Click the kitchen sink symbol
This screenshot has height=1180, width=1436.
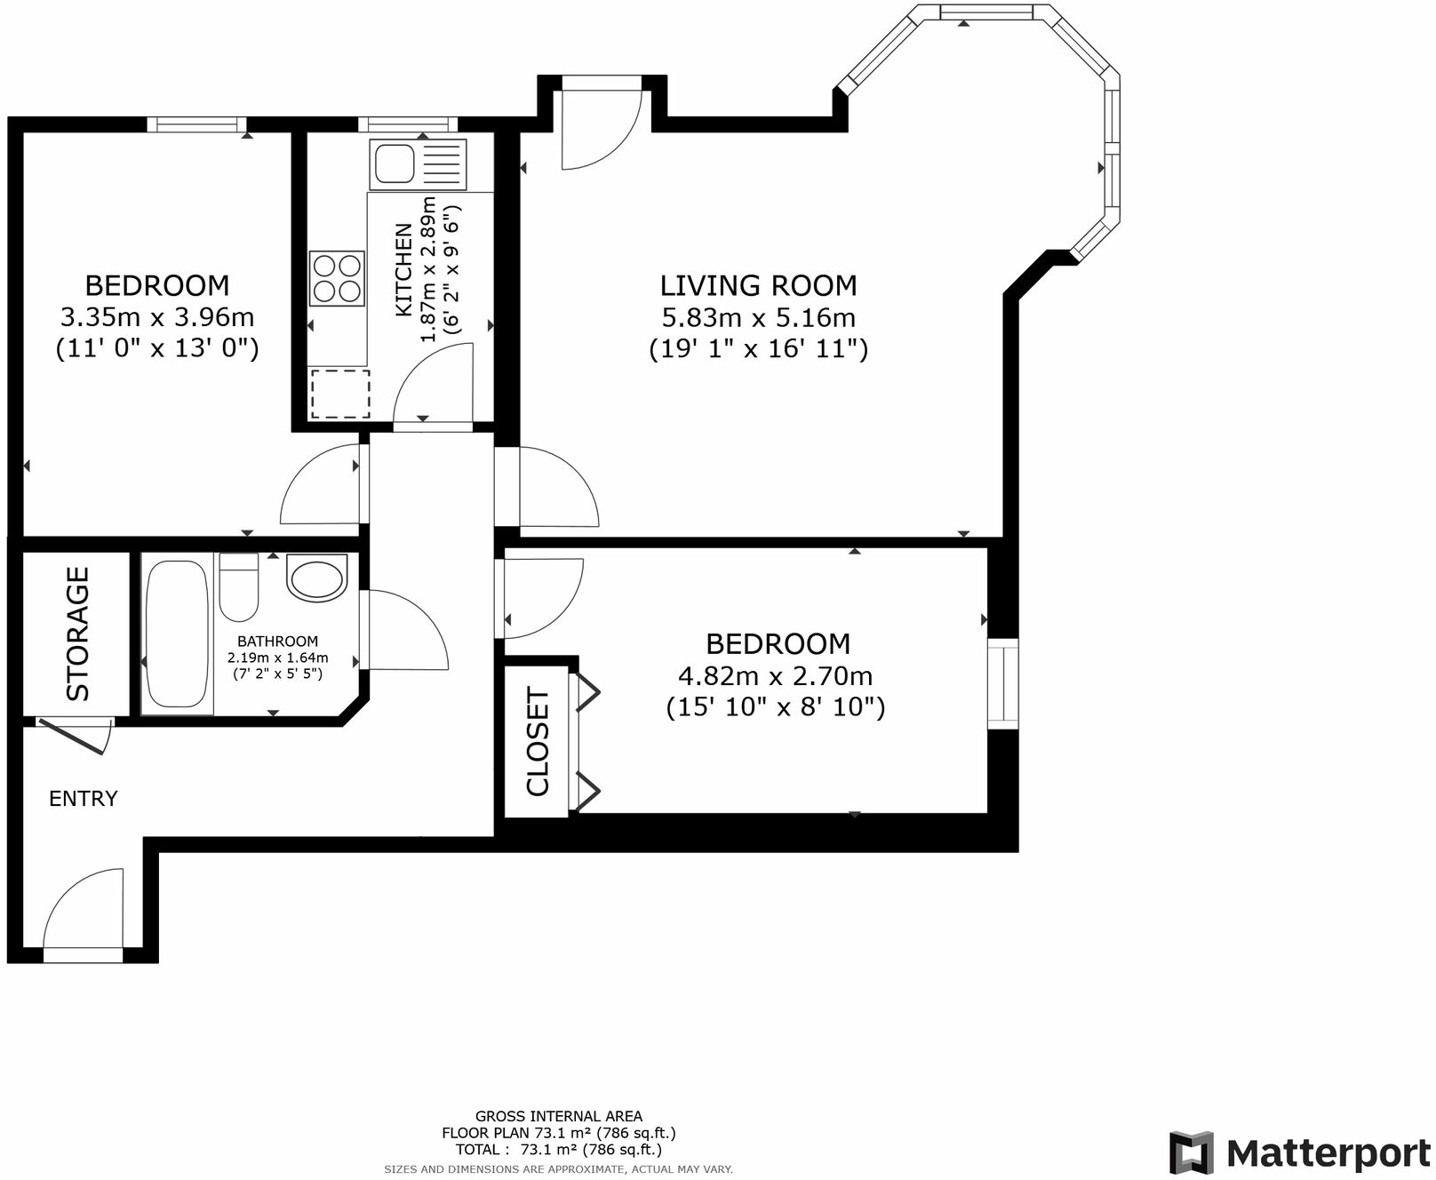(418, 164)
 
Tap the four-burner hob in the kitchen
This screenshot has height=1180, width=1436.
(337, 278)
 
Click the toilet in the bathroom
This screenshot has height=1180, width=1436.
(238, 587)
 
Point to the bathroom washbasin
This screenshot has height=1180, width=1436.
(317, 578)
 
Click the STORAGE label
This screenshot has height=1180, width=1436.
(78, 634)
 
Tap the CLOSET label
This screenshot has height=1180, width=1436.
(538, 741)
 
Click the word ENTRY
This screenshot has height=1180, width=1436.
(83, 799)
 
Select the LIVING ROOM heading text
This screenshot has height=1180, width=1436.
(758, 285)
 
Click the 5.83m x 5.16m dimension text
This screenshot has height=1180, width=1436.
(758, 317)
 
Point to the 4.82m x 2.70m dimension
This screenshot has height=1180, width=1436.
(775, 676)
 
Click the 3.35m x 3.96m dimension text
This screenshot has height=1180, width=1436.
(157, 317)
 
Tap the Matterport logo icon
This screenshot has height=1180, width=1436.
(1192, 1152)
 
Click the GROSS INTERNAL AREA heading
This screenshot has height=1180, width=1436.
(558, 1116)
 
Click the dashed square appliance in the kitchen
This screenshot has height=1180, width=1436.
(340, 394)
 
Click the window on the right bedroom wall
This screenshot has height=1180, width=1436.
(1003, 683)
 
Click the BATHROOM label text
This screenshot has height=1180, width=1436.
(277, 642)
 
